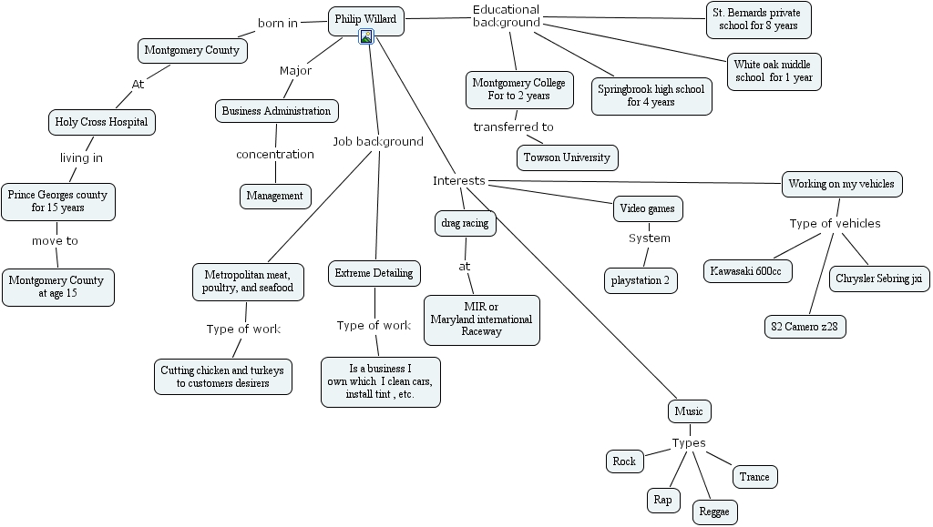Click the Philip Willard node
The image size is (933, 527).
(x=365, y=19)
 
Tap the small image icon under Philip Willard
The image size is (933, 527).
(x=365, y=36)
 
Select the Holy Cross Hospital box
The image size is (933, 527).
(x=101, y=122)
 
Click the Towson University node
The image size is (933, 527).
(x=567, y=157)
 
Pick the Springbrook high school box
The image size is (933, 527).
(x=651, y=96)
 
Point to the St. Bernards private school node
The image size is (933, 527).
(x=758, y=19)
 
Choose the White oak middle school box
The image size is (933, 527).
(x=775, y=71)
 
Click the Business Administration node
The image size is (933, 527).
(x=276, y=111)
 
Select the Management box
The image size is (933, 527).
(x=275, y=196)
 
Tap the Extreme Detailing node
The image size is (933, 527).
(x=374, y=273)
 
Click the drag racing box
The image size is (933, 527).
(x=465, y=223)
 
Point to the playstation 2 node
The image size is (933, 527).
(x=641, y=280)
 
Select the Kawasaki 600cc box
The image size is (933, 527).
(x=748, y=271)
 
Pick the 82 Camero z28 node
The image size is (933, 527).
(x=805, y=326)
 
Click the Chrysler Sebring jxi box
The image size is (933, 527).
(x=879, y=279)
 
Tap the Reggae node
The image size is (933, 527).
(x=714, y=512)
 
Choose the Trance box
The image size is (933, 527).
(x=754, y=477)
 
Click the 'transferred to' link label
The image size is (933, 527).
(x=513, y=127)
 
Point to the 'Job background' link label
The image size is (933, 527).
(x=377, y=142)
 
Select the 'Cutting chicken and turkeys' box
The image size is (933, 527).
(x=222, y=377)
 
